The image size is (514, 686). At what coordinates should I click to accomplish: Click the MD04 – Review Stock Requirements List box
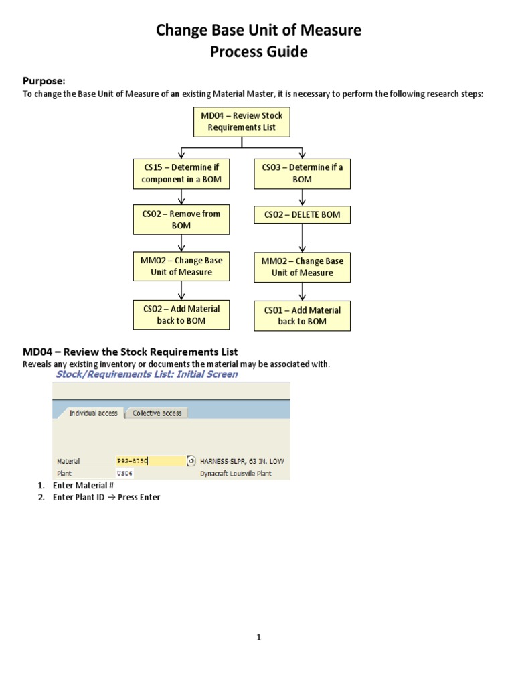[x=242, y=121]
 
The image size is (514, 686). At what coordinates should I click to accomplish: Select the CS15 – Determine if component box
[x=181, y=174]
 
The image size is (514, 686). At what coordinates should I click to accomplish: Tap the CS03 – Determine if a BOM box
[x=302, y=174]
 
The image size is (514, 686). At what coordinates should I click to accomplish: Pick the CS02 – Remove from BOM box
[x=181, y=220]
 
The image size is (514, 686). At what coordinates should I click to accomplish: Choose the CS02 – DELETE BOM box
[x=302, y=215]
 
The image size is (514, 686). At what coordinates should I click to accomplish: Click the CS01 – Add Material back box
[x=302, y=316]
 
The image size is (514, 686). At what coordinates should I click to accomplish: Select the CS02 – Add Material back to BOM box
[x=181, y=315]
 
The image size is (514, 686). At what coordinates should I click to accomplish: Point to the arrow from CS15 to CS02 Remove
[x=181, y=196]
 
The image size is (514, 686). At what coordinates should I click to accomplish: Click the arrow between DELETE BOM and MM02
[x=303, y=238]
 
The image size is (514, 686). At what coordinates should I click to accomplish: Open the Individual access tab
[x=93, y=413]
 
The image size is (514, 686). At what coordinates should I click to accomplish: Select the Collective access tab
[x=157, y=413]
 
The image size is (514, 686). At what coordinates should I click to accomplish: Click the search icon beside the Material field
[x=191, y=461]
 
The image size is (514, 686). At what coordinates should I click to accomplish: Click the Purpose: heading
[x=44, y=81]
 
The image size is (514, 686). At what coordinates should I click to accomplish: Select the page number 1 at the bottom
[x=258, y=637]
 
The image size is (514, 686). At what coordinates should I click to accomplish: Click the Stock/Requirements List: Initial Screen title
[x=146, y=374]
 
